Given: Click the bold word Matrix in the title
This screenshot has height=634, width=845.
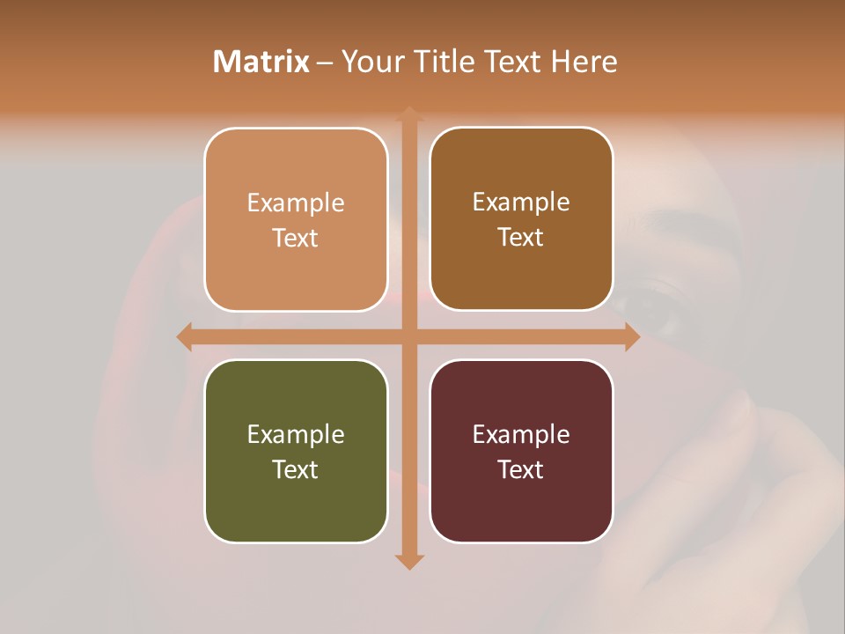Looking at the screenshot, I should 261,62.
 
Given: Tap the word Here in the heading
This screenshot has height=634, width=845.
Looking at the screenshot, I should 584,62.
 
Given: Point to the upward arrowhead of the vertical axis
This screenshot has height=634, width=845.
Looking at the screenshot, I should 408,113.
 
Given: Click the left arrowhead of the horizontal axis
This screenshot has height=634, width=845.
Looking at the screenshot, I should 184,336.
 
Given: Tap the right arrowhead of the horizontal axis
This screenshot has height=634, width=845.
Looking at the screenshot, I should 632,336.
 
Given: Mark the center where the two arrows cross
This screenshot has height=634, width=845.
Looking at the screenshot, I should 408,336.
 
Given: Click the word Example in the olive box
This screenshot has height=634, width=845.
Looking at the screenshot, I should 296,434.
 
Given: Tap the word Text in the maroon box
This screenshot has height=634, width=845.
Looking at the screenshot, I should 521,469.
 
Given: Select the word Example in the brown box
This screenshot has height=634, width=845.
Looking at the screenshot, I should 521,203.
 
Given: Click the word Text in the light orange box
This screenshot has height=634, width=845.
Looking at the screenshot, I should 296,239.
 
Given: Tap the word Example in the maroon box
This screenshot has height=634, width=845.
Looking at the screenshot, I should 521,434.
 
